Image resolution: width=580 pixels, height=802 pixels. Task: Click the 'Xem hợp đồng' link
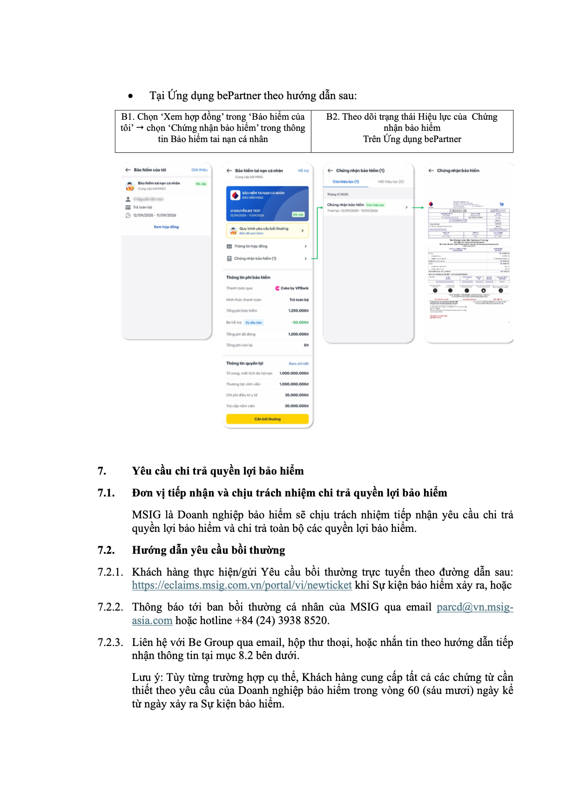[x=166, y=227]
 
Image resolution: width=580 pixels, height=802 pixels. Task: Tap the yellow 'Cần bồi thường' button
[x=267, y=419]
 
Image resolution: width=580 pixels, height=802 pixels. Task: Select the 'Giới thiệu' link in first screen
[x=199, y=170]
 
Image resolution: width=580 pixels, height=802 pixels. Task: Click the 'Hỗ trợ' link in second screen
[x=303, y=171]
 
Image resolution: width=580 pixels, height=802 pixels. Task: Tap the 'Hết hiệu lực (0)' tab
[x=391, y=182]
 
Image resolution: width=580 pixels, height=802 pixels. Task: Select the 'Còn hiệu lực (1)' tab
[x=345, y=182]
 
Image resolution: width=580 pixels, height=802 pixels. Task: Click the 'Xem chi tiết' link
[x=298, y=363]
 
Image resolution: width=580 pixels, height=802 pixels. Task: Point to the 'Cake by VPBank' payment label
[x=292, y=288]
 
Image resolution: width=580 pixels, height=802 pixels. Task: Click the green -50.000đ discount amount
[x=300, y=322]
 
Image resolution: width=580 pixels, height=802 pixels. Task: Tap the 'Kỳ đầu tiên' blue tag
[x=254, y=322]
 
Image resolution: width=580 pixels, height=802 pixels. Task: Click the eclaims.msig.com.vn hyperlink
[x=242, y=585]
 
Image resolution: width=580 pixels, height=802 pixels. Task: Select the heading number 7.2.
[x=106, y=550]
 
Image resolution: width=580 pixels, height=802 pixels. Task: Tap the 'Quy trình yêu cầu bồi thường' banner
[x=267, y=231]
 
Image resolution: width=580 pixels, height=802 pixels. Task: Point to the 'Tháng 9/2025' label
[x=337, y=194]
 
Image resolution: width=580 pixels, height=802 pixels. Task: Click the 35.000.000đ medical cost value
[x=297, y=395]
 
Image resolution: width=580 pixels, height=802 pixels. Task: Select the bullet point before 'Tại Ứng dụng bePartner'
[x=131, y=96]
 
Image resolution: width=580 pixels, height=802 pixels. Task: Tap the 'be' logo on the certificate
[x=501, y=204]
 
